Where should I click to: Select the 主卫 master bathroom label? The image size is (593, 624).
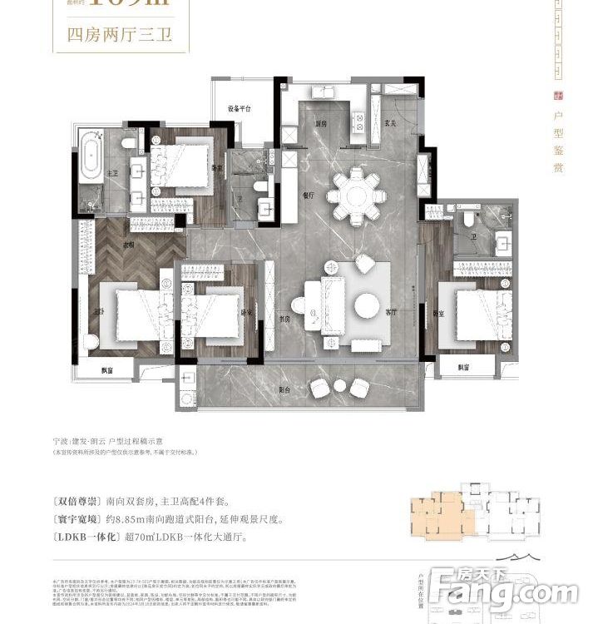coord(112,174)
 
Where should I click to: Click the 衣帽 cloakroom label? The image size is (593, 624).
coord(130,245)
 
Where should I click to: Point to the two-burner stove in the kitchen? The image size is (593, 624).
coord(359,122)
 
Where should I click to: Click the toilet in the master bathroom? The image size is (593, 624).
coord(127,143)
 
